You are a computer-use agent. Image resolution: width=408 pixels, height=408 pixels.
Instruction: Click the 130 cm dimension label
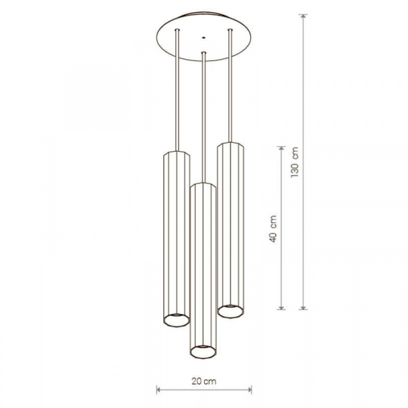tap(295, 162)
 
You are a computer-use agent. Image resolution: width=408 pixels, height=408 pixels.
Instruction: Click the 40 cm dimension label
tap(273, 228)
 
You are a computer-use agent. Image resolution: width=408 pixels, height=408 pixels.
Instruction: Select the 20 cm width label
tap(204, 381)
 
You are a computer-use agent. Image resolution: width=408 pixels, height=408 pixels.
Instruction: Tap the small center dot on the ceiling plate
tap(204, 37)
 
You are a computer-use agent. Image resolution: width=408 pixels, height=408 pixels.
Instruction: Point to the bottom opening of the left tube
tap(176, 320)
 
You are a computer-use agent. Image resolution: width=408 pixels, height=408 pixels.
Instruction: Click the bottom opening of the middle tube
tap(203, 352)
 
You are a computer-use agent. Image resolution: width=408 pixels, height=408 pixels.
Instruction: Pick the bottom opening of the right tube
tap(231, 311)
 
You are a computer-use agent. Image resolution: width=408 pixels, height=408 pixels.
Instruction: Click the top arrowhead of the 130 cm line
tap(303, 16)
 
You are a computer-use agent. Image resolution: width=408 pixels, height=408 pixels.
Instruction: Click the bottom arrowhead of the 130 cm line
tap(303, 307)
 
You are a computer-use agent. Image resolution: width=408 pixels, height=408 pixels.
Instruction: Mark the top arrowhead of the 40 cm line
tap(281, 148)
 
